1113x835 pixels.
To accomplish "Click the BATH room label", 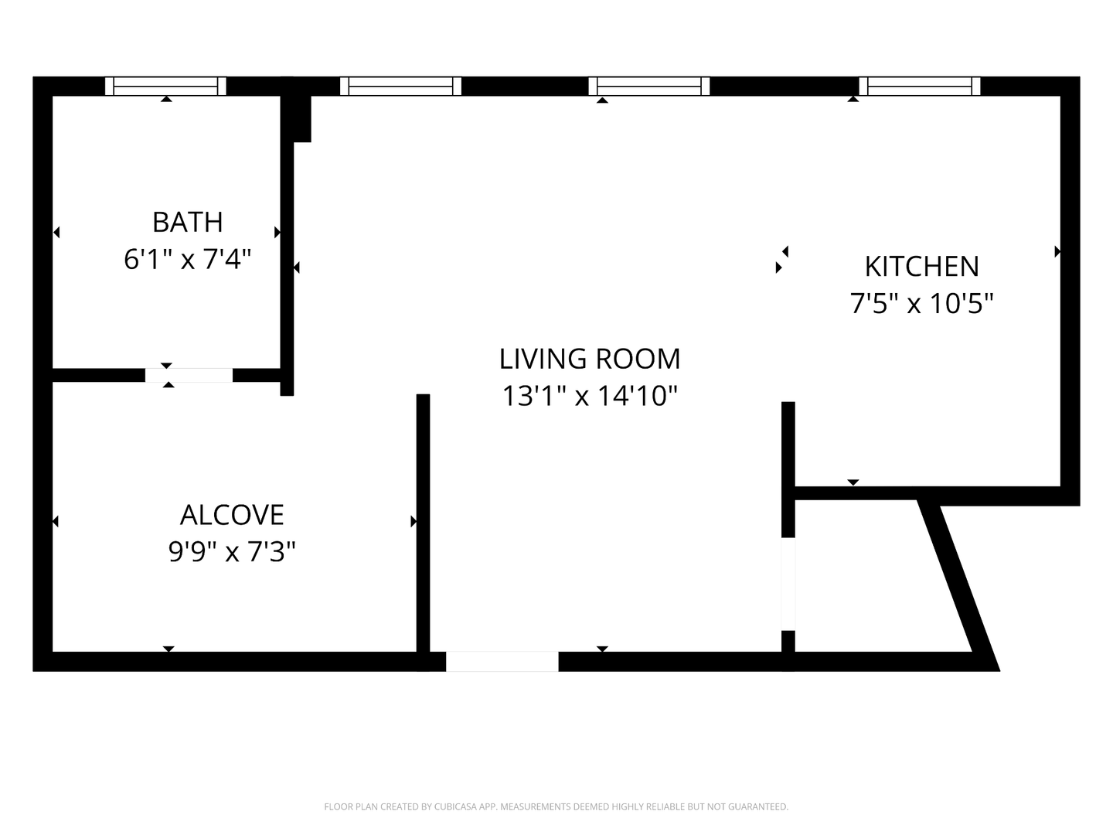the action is coord(188,223).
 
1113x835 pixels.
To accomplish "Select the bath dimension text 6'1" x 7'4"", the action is coord(188,260).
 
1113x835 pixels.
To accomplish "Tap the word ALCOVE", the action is coord(232,515).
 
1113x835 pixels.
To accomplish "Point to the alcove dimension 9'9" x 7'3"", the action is coord(232,551).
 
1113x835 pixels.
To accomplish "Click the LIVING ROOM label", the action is coord(590,359).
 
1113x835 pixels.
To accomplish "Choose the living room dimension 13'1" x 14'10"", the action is coord(590,396).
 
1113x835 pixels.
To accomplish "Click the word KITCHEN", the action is coord(921,267).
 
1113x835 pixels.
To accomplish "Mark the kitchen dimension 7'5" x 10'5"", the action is coord(921,304).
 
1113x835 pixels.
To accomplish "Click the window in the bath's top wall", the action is coord(165,86).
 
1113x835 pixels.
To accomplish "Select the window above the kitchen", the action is coord(919,86).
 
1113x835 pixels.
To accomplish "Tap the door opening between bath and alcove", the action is coord(189,375).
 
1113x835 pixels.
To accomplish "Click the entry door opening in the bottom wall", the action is coord(502,662).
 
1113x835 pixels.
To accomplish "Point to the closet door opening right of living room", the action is coord(788,584).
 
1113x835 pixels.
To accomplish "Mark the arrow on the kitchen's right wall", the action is coord(1057,251).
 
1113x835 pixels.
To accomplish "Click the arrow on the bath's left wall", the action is coord(56,232).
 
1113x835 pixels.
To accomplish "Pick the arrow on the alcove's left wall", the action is coord(56,521).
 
